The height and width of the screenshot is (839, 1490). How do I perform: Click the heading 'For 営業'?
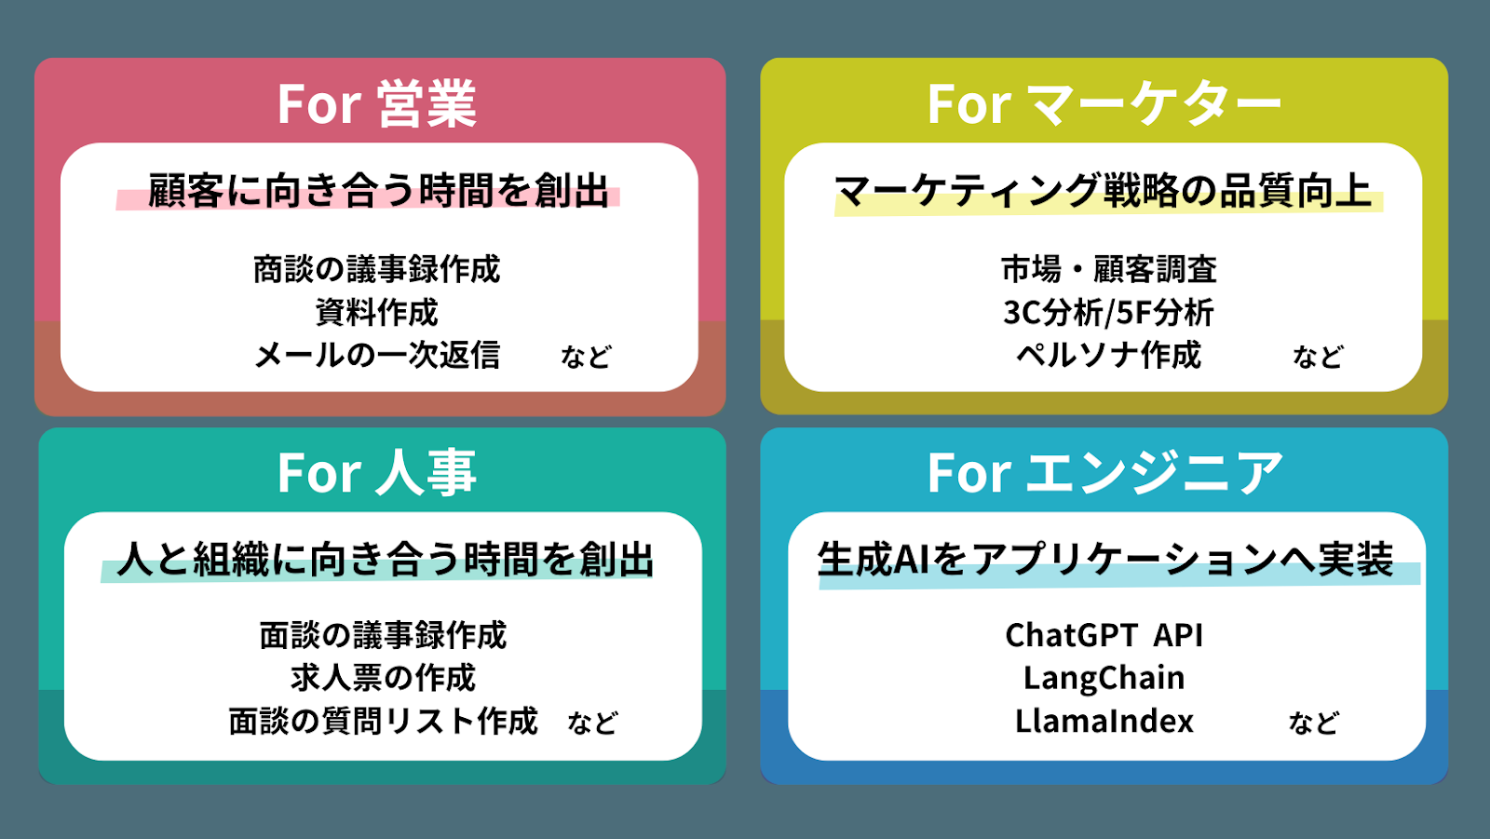[x=377, y=103]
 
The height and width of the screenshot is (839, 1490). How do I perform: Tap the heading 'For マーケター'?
[x=1104, y=103]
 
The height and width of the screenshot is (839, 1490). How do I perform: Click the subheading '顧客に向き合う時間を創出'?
[x=378, y=191]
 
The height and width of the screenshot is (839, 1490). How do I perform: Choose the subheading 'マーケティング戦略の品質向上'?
[x=1104, y=191]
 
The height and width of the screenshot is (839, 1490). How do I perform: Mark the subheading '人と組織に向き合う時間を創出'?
[x=386, y=560]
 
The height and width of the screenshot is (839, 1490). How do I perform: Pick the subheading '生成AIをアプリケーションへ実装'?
[x=1105, y=560]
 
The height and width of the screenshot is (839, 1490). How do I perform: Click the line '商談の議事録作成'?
[x=377, y=269]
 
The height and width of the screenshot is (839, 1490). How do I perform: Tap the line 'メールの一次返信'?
[x=377, y=355]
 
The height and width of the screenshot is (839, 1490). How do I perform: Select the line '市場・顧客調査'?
[x=1108, y=269]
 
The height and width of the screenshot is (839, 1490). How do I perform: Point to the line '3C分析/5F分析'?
[x=1108, y=312]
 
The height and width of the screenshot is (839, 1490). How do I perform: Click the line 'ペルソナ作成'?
[x=1108, y=355]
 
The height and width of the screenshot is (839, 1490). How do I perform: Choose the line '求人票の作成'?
[x=383, y=678]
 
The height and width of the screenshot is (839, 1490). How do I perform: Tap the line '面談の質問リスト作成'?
[x=383, y=721]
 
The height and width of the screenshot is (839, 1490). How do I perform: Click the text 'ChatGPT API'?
[x=1104, y=635]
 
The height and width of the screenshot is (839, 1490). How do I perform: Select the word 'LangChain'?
[x=1104, y=678]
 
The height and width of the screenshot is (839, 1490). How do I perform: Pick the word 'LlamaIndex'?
[x=1104, y=721]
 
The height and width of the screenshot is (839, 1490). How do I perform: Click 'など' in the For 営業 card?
[x=586, y=357]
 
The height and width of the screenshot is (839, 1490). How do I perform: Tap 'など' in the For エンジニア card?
[x=1313, y=723]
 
